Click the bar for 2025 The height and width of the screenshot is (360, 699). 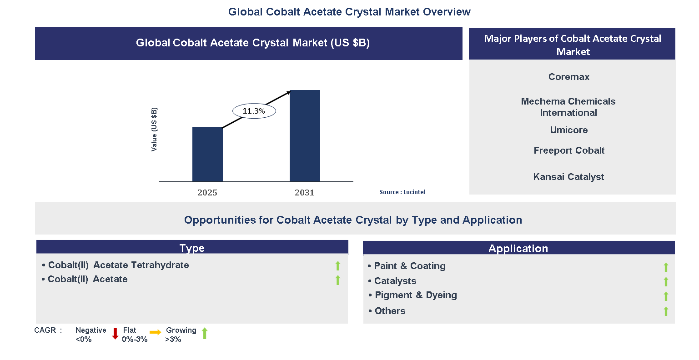coord(207,154)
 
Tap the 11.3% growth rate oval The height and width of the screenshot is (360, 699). coord(254,111)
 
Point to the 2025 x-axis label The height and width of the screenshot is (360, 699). coord(207,192)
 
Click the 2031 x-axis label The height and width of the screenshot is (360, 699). coord(305,192)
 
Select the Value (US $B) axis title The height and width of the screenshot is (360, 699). coord(154,130)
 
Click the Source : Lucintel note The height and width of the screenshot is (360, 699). coord(402,192)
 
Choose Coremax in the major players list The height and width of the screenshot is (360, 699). coord(568,77)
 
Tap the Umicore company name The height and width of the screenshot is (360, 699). coord(568,130)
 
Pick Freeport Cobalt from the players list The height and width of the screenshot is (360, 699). coord(568,150)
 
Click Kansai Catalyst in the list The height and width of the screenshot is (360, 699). coord(568,177)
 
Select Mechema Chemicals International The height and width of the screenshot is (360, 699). coord(568,107)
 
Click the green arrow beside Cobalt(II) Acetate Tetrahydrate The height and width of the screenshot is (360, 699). coord(338,266)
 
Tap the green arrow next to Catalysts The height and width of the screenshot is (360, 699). coord(666,282)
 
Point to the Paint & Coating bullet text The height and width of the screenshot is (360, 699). coord(409,266)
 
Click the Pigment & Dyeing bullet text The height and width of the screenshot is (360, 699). coord(416,295)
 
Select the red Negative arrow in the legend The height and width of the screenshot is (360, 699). coord(115,334)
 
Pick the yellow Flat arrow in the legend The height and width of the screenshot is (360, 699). coord(156,333)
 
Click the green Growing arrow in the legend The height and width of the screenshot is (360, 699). coord(205,333)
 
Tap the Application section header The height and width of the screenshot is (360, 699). coord(518,248)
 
